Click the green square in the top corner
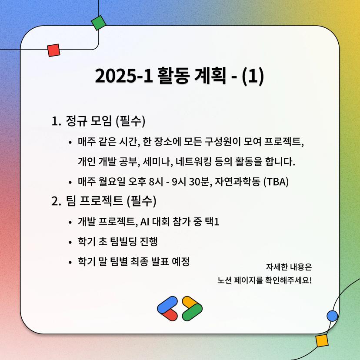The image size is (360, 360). [99, 23]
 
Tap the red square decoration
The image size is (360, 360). [54, 50]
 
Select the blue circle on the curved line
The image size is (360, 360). [332, 316]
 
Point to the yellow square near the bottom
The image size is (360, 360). [322, 341]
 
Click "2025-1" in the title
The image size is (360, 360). [124, 76]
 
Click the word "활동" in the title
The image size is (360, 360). [174, 76]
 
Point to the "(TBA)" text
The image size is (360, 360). [276, 182]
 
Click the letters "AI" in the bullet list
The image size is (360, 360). [145, 222]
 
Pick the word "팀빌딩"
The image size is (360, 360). [123, 242]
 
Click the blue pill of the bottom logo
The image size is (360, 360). [167, 305]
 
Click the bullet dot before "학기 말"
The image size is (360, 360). [70, 262]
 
